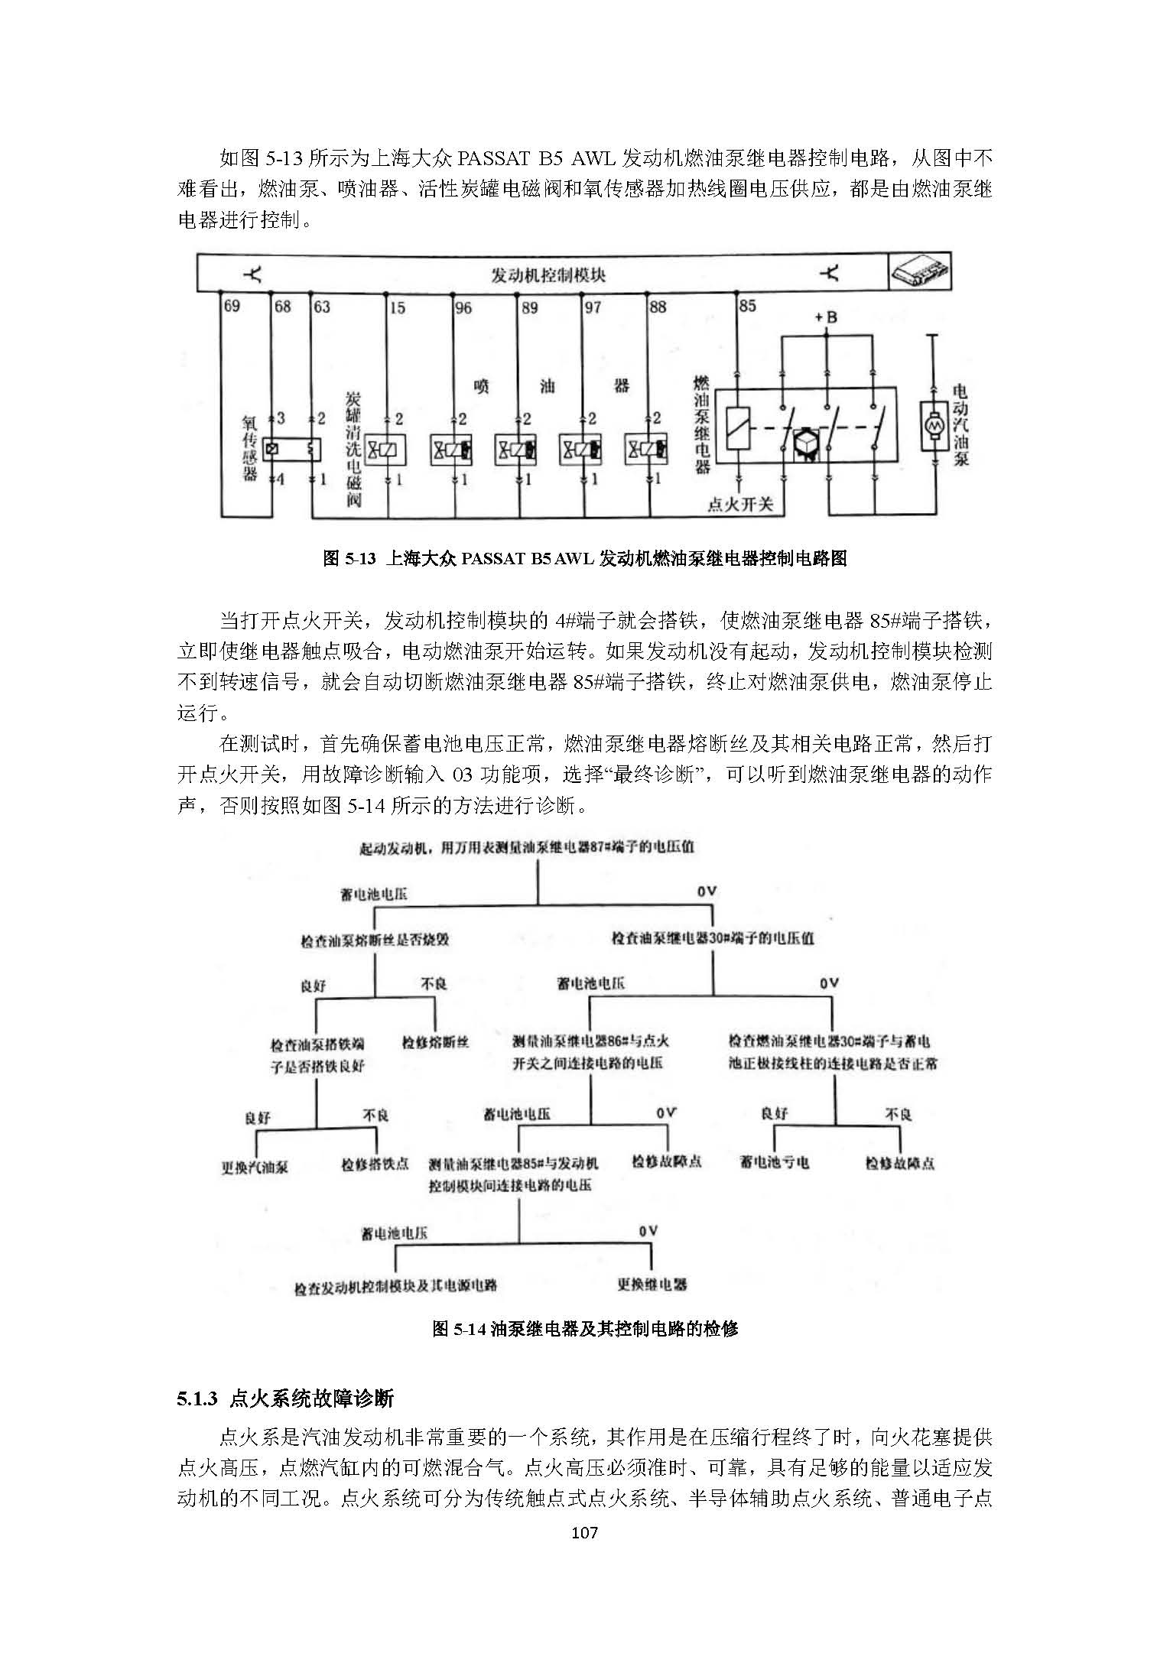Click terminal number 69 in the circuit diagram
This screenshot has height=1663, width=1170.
[x=231, y=307]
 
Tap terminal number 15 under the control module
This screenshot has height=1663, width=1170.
[x=397, y=308]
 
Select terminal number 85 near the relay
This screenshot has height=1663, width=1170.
[x=747, y=306]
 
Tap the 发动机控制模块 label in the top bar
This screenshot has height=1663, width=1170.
[x=548, y=274]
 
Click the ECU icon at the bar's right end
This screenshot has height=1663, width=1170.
[x=919, y=273]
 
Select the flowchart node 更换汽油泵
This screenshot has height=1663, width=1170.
[x=255, y=1168]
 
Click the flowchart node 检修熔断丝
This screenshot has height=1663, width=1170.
[x=435, y=1041]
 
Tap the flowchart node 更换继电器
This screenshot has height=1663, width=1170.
[x=652, y=1284]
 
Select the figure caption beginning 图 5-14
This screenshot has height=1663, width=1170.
[x=585, y=1328]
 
